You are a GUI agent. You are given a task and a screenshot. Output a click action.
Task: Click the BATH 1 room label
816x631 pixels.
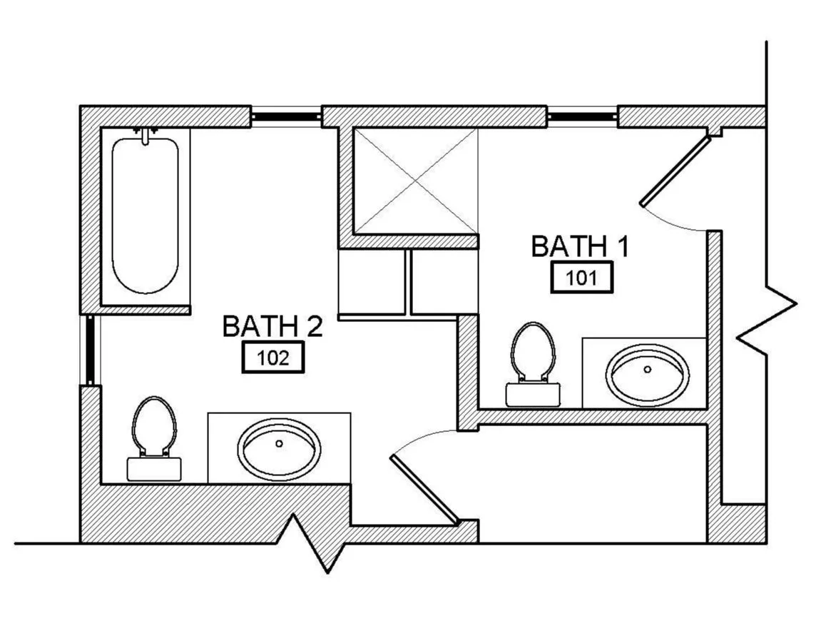tap(580, 246)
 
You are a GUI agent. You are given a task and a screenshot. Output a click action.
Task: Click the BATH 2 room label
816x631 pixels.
tap(272, 326)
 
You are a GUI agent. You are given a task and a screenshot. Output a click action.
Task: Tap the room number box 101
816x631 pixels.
tap(581, 278)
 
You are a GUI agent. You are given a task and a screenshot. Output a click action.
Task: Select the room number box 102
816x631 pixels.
tap(273, 358)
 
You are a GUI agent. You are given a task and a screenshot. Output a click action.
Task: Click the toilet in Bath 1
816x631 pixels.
tap(533, 364)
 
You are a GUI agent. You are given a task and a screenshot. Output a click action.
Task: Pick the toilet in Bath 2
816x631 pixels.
tap(154, 438)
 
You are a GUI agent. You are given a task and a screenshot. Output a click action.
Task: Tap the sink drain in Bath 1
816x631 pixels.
tap(648, 370)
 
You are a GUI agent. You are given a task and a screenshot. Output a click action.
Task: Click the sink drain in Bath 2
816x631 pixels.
tap(279, 443)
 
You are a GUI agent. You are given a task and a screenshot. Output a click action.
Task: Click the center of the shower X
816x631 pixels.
tap(415, 181)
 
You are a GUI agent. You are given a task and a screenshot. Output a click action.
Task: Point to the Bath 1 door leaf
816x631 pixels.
tap(675, 171)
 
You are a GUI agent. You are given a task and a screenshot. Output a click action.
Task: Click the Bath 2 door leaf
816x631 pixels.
tap(424, 488)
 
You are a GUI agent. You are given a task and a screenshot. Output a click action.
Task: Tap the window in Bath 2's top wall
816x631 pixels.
tap(285, 116)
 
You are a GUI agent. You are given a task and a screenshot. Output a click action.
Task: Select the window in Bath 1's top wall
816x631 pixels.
tap(582, 116)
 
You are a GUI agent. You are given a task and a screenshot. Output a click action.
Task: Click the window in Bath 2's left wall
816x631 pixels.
tap(90, 350)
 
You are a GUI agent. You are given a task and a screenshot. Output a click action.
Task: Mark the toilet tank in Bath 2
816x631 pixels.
tap(154, 469)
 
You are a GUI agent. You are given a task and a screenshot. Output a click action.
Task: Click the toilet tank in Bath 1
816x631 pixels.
tap(533, 395)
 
